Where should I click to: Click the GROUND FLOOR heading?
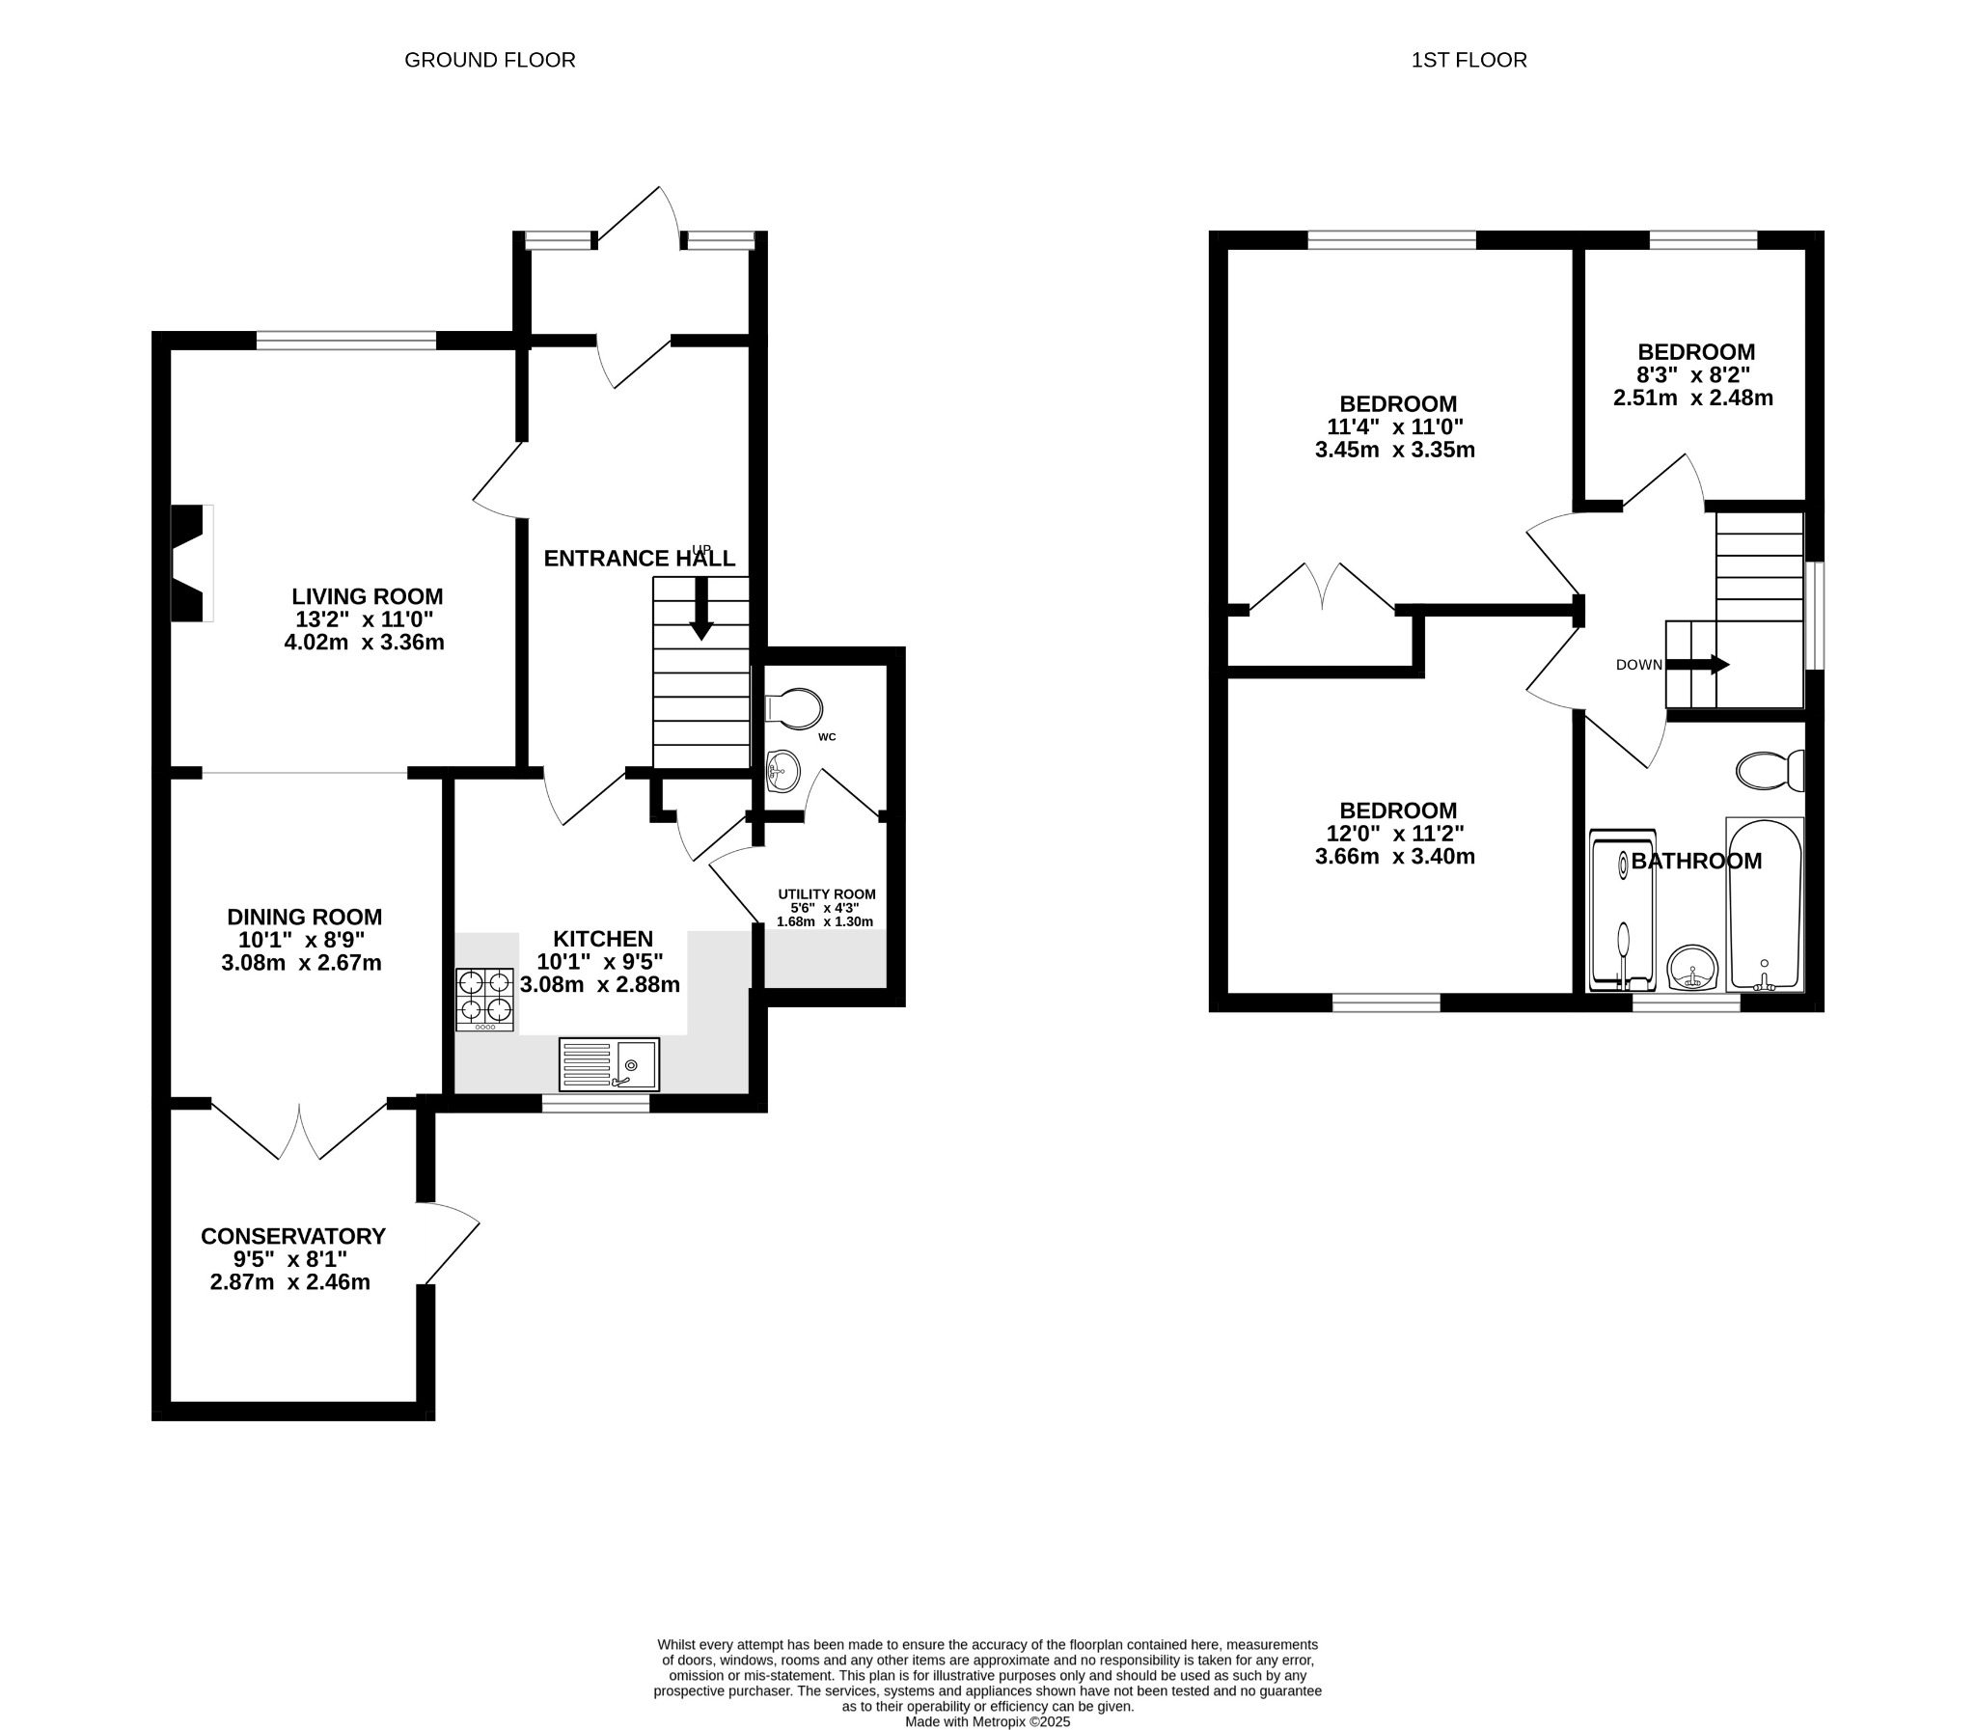(489, 60)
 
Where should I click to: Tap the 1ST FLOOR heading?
(1468, 60)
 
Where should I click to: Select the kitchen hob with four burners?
(484, 999)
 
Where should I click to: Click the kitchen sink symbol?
(608, 1064)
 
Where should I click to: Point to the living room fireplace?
(190, 563)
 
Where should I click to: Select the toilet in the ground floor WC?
(794, 707)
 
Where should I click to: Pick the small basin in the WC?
(782, 771)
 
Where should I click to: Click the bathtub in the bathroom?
(1764, 904)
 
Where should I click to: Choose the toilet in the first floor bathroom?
(1770, 770)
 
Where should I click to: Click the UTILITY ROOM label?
(826, 894)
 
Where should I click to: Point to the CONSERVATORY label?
(292, 1236)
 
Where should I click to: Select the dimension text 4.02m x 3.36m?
(364, 642)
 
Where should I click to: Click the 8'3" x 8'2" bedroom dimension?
(1693, 374)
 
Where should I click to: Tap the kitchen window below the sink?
(594, 1104)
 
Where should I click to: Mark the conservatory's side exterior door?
(448, 1244)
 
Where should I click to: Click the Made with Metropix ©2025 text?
(986, 1721)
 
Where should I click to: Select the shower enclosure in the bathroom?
(1622, 911)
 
